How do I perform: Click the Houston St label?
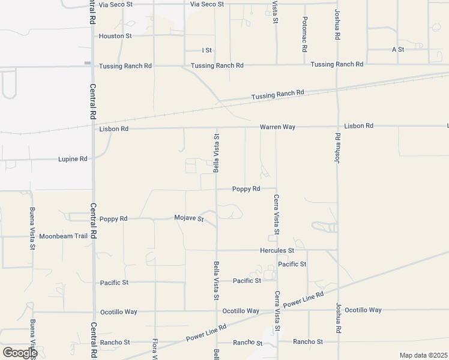click(115, 36)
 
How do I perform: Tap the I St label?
click(208, 50)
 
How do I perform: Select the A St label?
click(398, 49)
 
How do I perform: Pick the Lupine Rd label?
click(73, 159)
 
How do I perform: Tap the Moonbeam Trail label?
click(64, 236)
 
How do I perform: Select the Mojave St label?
click(189, 218)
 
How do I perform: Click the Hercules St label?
click(277, 250)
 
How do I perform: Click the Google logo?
click(20, 353)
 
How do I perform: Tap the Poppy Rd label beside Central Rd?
click(113, 219)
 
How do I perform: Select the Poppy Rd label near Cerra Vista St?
click(246, 188)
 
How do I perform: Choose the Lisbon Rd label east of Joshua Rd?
click(359, 126)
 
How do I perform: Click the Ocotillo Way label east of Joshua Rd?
click(363, 310)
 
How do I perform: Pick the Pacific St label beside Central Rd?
click(114, 282)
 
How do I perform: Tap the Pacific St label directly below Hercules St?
click(292, 264)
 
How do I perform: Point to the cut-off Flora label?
click(154, 349)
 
